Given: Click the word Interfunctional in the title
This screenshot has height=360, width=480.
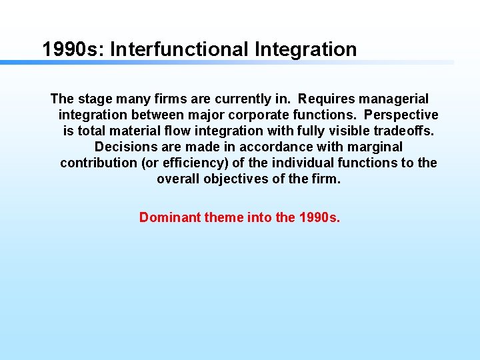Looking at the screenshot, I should click(x=175, y=49).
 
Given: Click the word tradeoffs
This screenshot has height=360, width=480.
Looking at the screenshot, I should click(x=404, y=131).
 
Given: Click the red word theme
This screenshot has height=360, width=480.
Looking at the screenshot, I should click(x=224, y=217).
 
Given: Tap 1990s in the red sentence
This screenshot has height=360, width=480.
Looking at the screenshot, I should click(x=319, y=217).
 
